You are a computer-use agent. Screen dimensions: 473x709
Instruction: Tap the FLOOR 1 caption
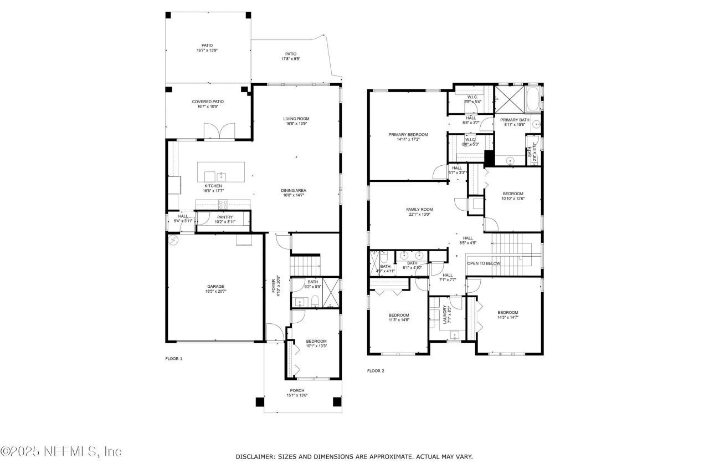pos(173,359)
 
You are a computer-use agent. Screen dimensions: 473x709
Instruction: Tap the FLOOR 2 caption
pos(376,371)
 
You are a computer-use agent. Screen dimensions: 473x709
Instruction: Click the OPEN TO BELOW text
pos(484,263)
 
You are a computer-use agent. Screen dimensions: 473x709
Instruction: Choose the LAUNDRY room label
pos(445,314)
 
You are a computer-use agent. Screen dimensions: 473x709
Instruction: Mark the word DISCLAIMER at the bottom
pos(255,456)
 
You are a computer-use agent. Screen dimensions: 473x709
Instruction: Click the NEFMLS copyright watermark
pos(61,451)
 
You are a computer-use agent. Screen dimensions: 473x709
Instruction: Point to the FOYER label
pos(273,286)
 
